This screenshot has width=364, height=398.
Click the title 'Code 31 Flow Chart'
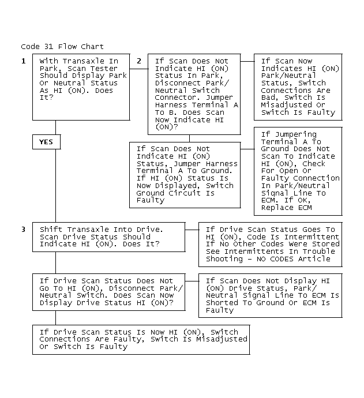[62, 47]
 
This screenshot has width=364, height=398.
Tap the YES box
[47, 142]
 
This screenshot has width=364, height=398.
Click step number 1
[23, 61]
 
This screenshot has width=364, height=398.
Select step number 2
[139, 61]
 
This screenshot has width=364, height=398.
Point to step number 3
[23, 230]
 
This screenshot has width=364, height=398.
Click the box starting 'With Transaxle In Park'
[81, 87]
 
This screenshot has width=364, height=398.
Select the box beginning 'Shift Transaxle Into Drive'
[109, 237]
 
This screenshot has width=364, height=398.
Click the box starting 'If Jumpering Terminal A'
[298, 171]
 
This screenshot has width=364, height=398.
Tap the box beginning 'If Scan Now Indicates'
[298, 87]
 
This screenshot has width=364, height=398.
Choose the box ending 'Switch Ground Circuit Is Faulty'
[185, 175]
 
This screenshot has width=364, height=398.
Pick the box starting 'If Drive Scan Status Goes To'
[271, 245]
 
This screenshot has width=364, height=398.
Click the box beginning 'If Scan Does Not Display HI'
[271, 295]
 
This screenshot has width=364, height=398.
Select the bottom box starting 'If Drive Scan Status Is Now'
[141, 340]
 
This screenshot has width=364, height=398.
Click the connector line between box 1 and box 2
[139, 69]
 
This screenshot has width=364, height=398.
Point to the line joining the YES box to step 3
[55, 186]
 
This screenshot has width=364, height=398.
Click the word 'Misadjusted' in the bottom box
[222, 339]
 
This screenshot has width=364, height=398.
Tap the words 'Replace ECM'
[286, 208]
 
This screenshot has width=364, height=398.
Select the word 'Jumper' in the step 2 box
[219, 97]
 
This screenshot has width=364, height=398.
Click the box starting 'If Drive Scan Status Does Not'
[109, 292]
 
